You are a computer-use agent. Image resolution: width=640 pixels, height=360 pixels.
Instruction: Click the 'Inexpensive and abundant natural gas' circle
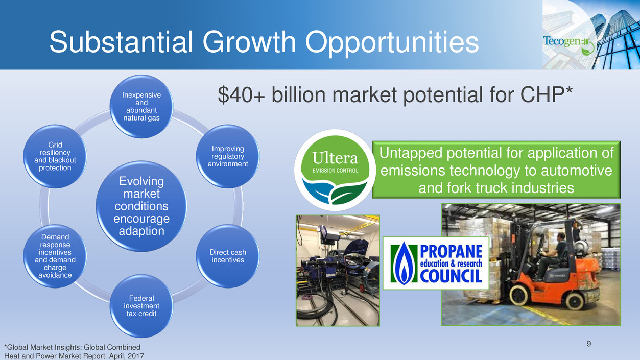point(141,107)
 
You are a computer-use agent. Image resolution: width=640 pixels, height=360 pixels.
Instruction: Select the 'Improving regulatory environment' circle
point(228,156)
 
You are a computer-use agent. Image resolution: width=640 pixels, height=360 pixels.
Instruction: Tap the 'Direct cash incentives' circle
point(228,256)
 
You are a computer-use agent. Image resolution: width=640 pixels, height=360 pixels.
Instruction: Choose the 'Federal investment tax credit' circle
point(141,306)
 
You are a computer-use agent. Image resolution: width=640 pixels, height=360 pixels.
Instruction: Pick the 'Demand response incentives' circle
point(55,256)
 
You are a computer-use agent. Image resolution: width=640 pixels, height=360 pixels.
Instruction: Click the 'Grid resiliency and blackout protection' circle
point(55,156)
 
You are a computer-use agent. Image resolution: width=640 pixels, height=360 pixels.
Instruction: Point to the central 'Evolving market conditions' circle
point(141,206)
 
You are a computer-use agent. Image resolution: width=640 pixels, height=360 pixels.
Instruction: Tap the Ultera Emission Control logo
point(335,170)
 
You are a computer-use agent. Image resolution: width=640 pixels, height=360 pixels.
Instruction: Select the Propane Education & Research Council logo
point(436,263)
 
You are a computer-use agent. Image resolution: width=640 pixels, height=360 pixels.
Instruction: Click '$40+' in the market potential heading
point(242,95)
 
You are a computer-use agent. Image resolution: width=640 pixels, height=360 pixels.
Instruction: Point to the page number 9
point(589,344)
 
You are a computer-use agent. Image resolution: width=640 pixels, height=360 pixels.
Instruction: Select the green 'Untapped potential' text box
point(496,170)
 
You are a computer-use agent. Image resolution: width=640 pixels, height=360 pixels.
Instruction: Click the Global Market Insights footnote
point(74,352)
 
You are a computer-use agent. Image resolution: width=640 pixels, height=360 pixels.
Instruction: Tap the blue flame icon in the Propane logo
point(404,263)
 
